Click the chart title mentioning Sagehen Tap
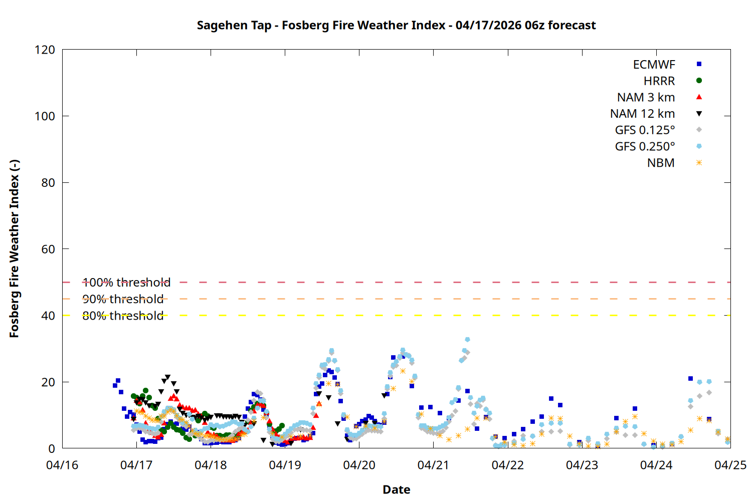(396, 25)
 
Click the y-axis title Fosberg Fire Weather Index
(14, 248)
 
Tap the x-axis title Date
(396, 489)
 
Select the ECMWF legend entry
(654, 65)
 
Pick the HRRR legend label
(659, 81)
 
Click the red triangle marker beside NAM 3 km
(699, 97)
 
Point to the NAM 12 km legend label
(642, 114)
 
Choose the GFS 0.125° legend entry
(645, 130)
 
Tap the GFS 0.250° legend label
(645, 147)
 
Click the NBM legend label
(661, 163)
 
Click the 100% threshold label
(126, 283)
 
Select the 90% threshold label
(123, 299)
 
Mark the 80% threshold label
(123, 316)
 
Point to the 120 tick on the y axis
(45, 50)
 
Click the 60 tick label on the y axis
(48, 249)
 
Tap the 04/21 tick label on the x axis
(433, 465)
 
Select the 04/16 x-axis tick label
(62, 465)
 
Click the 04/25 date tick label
(730, 465)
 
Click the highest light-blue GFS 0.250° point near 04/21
(467, 340)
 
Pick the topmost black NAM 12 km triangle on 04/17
(167, 377)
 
